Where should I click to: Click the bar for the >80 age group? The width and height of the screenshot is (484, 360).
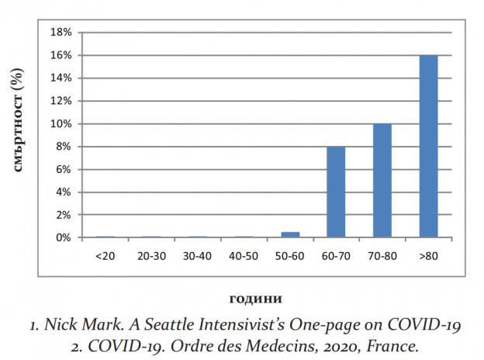coord(428,147)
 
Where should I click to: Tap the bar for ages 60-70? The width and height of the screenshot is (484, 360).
coord(336,192)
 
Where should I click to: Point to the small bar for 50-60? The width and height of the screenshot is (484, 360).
coord(289,234)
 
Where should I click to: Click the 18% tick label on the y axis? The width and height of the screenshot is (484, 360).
coord(60,33)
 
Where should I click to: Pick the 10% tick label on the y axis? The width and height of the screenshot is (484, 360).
coord(60,124)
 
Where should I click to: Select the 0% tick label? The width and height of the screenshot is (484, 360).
coord(64,237)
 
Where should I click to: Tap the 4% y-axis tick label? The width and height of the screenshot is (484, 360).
coord(64,192)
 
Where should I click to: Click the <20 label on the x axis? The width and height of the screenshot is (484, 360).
coord(105,255)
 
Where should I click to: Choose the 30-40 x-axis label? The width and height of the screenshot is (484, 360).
coord(197,255)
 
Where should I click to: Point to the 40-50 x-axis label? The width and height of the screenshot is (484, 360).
coord(243,255)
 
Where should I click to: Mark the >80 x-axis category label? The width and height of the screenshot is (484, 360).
coord(428,255)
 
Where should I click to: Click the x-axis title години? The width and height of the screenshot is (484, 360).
coord(255,298)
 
